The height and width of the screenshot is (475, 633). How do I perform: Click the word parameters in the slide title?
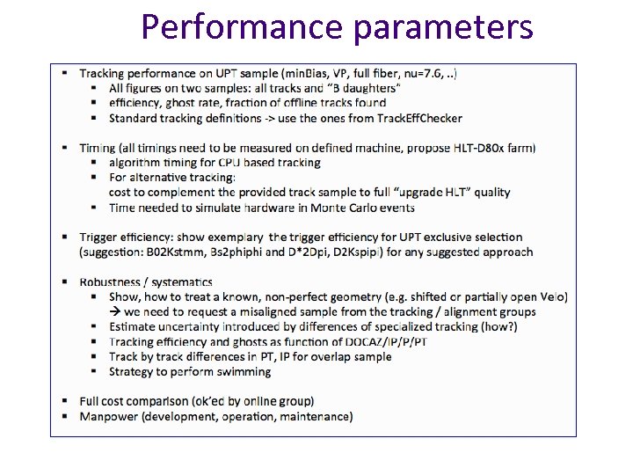(x=442, y=26)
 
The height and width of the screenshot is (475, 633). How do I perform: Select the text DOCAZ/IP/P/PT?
(x=384, y=341)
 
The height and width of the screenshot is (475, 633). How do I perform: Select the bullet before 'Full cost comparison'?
(x=66, y=401)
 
